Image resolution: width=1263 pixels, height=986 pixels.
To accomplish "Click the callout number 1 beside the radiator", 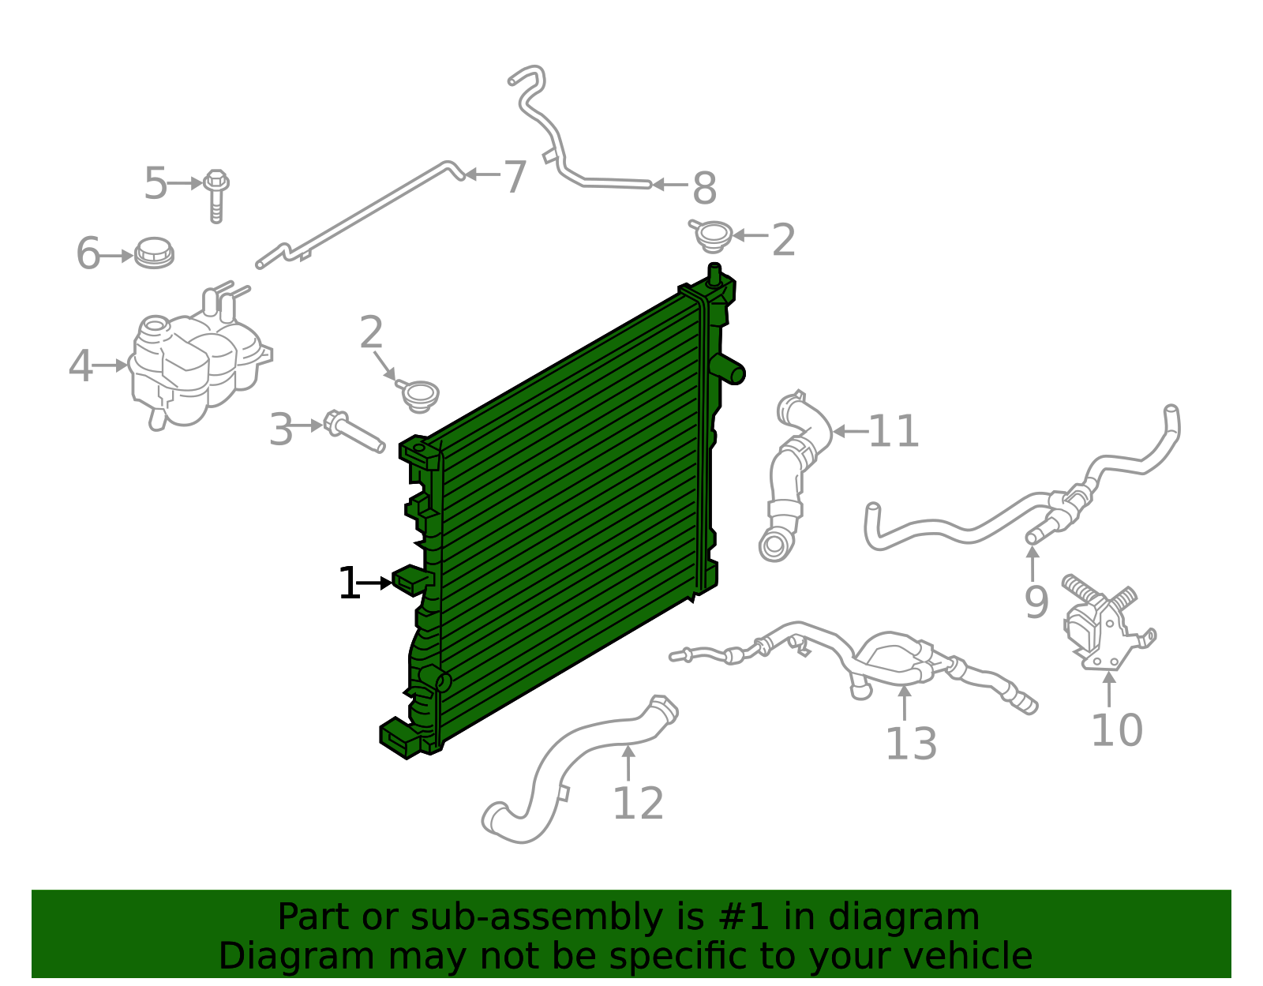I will (x=348, y=584).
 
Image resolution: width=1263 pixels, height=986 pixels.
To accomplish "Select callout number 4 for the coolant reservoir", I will (x=80, y=366).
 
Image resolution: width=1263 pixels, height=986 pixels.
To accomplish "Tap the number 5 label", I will (x=156, y=184).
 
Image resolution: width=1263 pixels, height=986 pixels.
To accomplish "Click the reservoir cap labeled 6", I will (x=154, y=253).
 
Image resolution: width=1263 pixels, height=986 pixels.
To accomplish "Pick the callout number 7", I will (x=515, y=176).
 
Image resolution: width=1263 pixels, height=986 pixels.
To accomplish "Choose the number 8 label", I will (x=704, y=189).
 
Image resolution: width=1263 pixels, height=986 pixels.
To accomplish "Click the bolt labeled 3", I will (x=354, y=433).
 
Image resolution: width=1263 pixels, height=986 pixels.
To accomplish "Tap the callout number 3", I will (x=281, y=430).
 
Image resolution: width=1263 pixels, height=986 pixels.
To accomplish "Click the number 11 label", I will (x=894, y=432).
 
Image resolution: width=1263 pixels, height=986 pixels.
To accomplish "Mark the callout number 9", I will (x=1036, y=602).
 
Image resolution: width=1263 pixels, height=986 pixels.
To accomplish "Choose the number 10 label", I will (x=1116, y=730).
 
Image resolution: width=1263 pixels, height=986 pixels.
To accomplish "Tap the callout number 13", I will (x=911, y=744).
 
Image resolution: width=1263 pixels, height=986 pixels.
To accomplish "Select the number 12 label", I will (x=638, y=804).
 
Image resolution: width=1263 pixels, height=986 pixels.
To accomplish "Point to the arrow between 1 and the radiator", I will (x=376, y=583).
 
